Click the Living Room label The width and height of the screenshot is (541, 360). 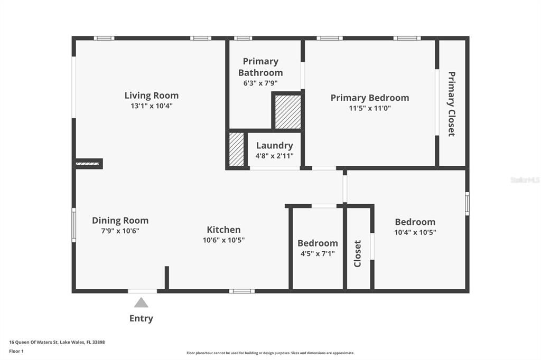152,96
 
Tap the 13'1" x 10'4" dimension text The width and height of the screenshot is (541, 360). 152,106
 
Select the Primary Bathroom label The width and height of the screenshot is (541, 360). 260,67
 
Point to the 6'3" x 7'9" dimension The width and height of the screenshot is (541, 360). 260,83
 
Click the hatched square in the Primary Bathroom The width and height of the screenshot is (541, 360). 288,111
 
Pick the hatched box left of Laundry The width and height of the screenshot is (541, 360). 236,149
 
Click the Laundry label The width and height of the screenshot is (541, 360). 274,146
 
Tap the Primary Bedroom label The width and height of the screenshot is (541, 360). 369,98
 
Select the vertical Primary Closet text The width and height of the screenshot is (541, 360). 452,104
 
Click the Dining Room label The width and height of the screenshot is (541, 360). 120,221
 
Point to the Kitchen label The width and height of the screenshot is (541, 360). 223,230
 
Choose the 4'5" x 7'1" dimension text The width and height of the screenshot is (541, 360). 318,253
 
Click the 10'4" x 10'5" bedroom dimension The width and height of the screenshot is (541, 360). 415,232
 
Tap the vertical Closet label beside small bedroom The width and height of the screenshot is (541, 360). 358,253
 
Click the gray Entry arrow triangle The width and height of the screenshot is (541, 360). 141,303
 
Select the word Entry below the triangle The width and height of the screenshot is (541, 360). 141,318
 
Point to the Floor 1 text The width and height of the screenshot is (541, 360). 16,350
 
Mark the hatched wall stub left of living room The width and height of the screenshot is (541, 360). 88,164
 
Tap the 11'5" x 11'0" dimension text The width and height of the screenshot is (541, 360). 369,108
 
